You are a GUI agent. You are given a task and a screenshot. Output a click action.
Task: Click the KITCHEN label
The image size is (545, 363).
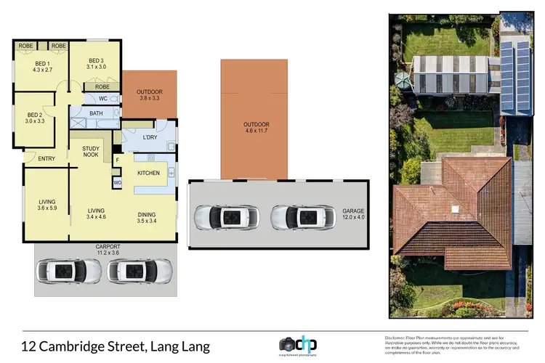pos(149,173)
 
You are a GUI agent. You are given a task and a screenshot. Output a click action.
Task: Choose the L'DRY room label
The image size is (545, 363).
pos(150,137)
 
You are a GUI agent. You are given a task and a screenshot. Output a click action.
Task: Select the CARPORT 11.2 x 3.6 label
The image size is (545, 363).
pos(108,250)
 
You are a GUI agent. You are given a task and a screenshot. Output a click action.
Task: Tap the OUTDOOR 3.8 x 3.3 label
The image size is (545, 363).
pos(150,95)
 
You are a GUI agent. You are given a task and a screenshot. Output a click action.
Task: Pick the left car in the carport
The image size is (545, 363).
pos(69,271)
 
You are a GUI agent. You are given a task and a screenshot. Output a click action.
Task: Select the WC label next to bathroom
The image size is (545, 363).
pos(102,99)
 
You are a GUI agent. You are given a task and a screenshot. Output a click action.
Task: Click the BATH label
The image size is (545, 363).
pos(96,113)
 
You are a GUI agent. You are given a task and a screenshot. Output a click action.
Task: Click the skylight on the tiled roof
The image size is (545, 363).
pos(455,210)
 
